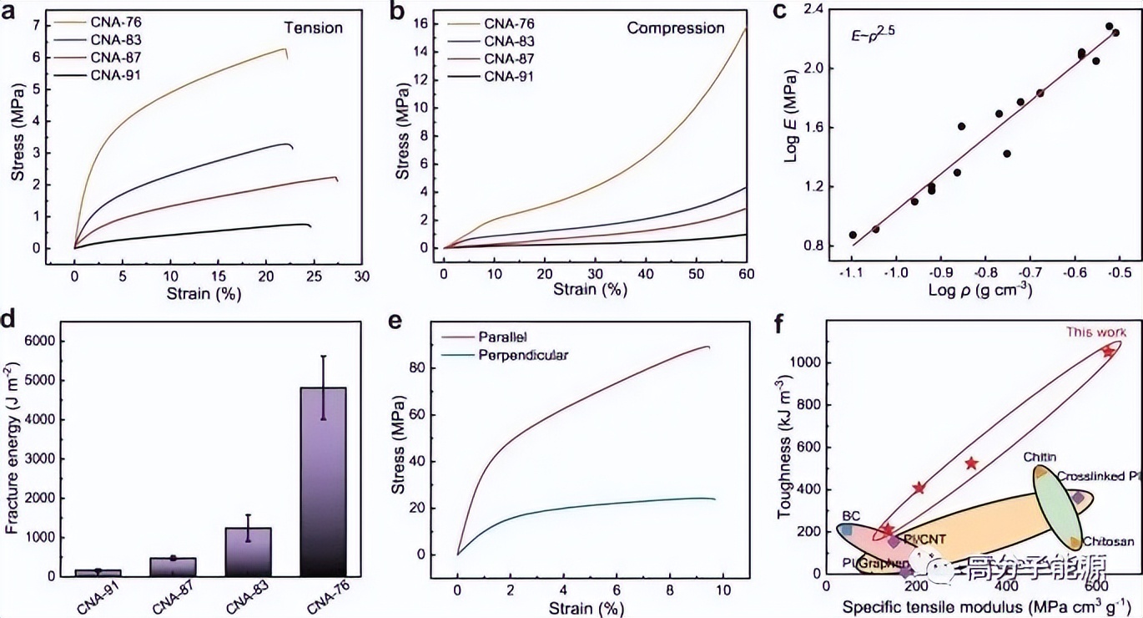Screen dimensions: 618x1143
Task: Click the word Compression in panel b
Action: tap(676, 28)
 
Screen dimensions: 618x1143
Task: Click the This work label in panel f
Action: tap(1096, 332)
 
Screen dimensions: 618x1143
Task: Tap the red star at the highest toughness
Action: tap(1108, 352)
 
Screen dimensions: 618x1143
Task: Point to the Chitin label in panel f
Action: tap(1039, 457)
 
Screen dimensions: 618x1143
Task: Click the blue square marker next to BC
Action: tap(847, 529)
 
